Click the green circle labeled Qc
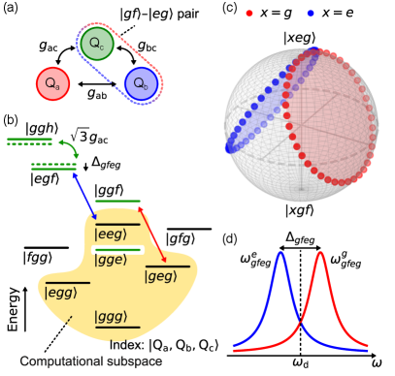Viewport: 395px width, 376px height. click(x=96, y=45)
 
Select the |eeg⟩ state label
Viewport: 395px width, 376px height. click(x=111, y=234)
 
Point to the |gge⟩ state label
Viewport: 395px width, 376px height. click(x=111, y=260)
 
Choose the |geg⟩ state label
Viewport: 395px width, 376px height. click(x=162, y=276)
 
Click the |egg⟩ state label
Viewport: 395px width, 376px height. click(x=62, y=292)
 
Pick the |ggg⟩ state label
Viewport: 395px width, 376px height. click(x=111, y=317)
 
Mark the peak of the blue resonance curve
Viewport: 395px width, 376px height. click(x=280, y=254)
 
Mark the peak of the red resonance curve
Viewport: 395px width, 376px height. click(x=319, y=254)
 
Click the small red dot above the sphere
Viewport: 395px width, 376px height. click(x=249, y=14)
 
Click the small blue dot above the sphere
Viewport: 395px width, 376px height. click(x=310, y=14)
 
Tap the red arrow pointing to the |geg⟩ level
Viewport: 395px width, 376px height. click(x=153, y=236)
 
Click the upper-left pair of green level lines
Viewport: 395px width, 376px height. click(x=30, y=141)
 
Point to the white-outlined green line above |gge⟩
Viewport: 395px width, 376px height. click(x=117, y=250)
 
